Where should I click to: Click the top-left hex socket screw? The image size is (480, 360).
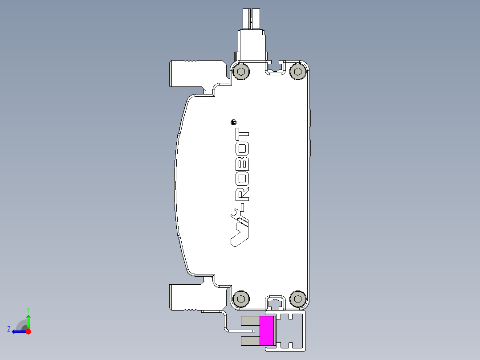pyautogui.click(x=241, y=72)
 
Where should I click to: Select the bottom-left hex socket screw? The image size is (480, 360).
pyautogui.click(x=241, y=299)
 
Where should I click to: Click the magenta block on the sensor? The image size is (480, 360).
pyautogui.click(x=267, y=331)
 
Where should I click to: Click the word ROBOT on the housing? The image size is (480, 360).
pyautogui.click(x=243, y=165)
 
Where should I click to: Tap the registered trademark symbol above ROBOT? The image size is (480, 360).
pyautogui.click(x=234, y=122)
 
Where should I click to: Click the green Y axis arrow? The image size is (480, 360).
pyautogui.click(x=28, y=321)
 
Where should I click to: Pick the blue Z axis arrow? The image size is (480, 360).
pyautogui.click(x=18, y=331)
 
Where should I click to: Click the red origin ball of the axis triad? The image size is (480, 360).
pyautogui.click(x=28, y=331)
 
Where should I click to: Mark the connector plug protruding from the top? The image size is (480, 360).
pyautogui.click(x=252, y=36)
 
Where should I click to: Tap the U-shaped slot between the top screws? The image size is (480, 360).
pyautogui.click(x=275, y=67)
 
